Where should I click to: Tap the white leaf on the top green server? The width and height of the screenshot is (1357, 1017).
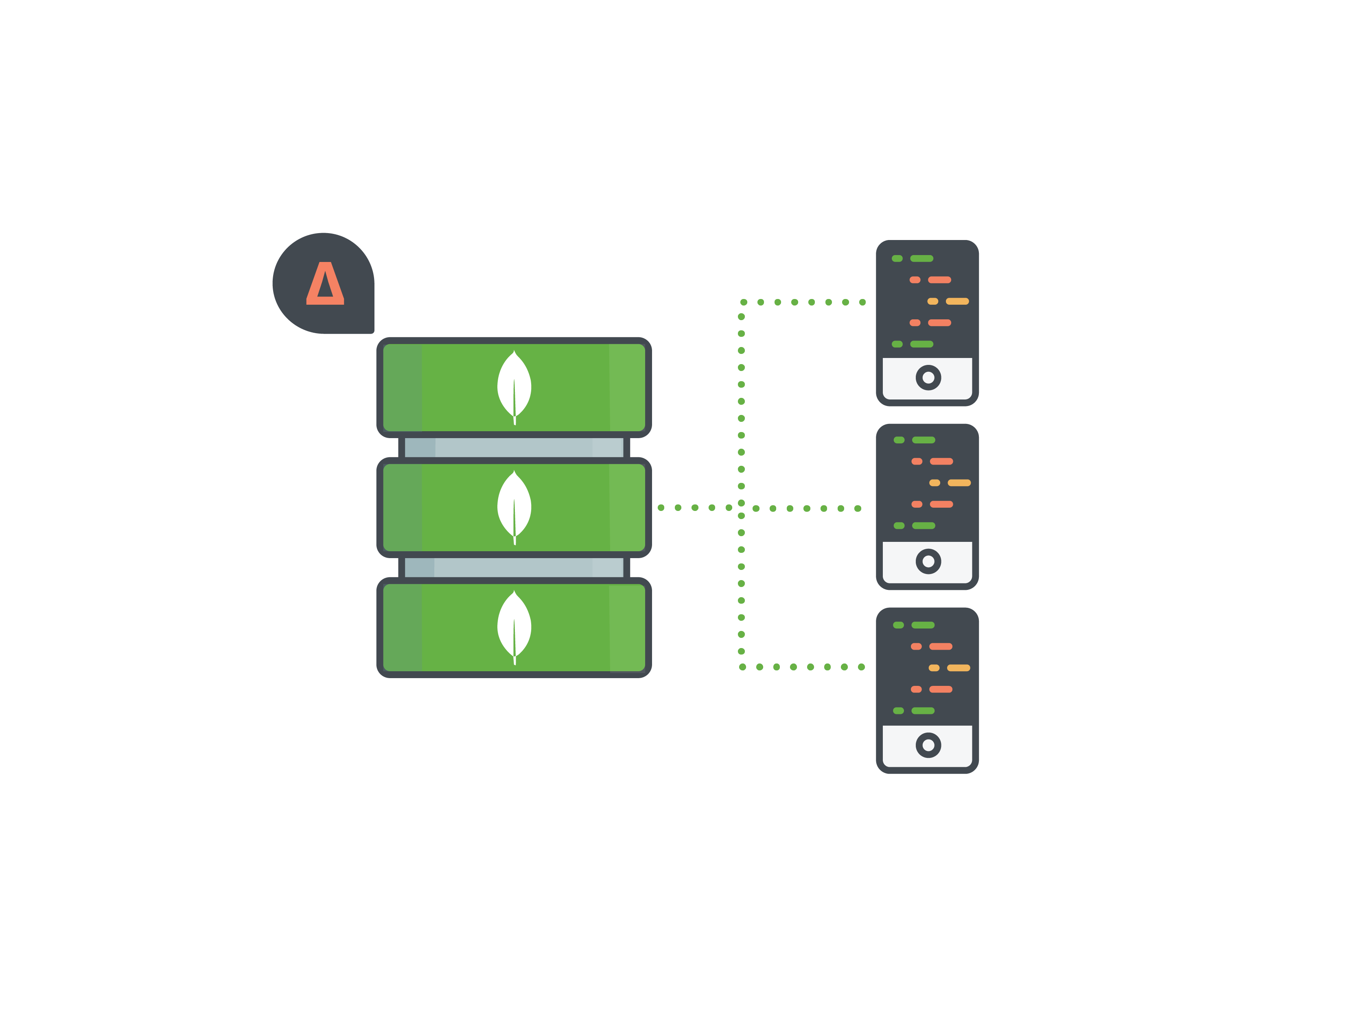514,387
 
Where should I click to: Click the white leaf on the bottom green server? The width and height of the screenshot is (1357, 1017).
514,627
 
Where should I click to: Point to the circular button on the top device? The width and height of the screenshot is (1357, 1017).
928,378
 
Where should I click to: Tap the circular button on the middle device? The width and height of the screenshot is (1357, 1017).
928,561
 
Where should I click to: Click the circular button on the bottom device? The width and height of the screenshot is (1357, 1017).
928,745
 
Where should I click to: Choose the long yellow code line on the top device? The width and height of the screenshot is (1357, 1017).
957,301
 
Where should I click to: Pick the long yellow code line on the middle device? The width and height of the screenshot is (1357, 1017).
959,483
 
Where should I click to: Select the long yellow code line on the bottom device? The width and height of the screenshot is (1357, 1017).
958,668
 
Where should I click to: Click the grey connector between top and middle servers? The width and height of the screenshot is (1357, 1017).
514,447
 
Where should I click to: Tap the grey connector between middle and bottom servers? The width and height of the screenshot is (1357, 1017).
514,567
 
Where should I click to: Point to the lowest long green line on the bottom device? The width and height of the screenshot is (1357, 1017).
923,711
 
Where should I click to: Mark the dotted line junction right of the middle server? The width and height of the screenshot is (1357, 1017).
741,508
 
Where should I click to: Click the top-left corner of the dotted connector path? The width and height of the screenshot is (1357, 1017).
742,303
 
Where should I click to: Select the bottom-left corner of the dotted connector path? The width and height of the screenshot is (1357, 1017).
742,666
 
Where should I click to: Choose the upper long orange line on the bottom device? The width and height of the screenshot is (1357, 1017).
941,646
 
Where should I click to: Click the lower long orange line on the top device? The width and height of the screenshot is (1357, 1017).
939,323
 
